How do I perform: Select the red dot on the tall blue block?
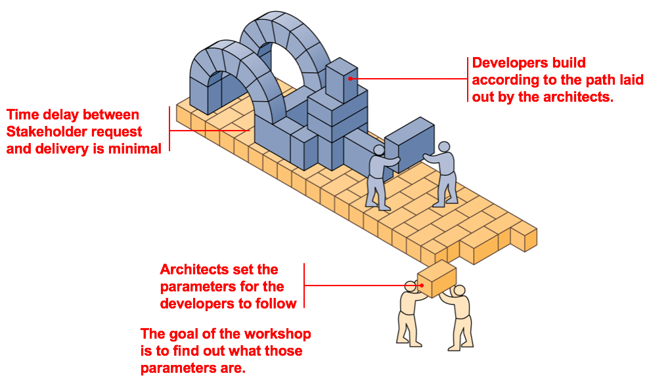click(x=351, y=78)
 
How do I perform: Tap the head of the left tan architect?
click(x=411, y=286)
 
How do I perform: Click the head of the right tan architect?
click(x=460, y=291)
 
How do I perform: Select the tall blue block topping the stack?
click(x=342, y=79)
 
